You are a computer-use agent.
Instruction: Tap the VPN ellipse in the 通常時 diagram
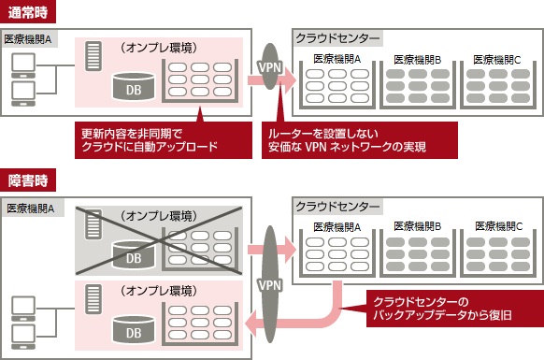click(x=270, y=67)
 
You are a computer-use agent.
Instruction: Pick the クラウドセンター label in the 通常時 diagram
click(x=337, y=38)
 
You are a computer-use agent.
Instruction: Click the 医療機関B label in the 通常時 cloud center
click(x=417, y=57)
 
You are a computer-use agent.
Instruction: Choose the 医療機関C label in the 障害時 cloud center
click(x=498, y=225)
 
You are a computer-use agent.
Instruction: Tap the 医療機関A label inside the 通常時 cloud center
click(x=337, y=57)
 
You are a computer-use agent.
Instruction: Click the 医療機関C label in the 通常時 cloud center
click(x=498, y=57)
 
